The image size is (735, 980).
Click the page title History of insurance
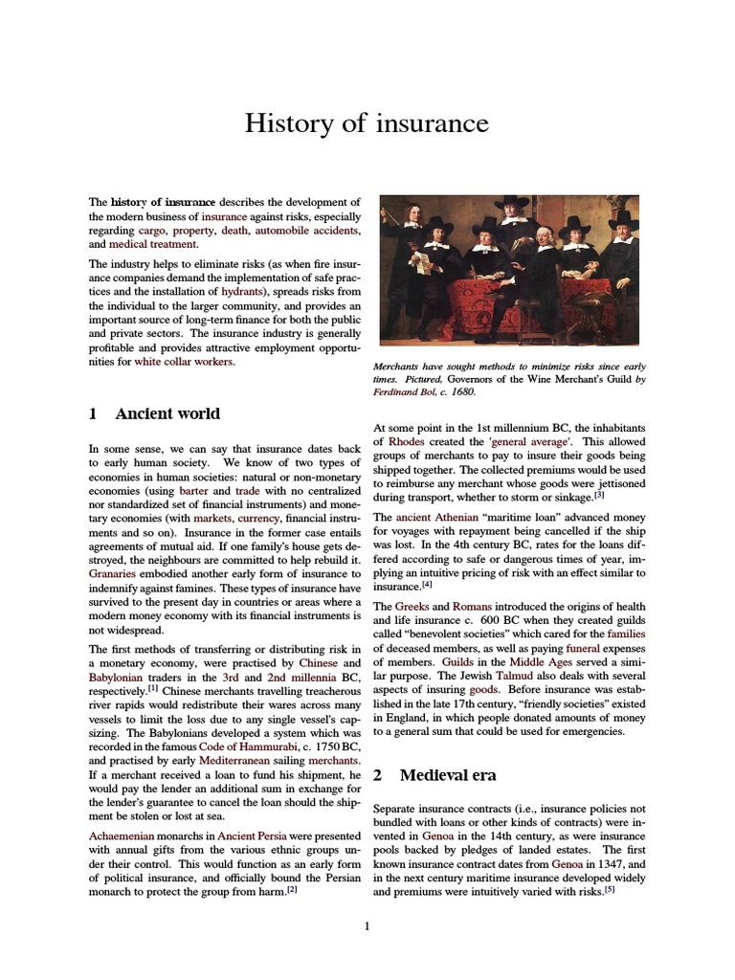[367, 123]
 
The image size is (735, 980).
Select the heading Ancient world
[167, 413]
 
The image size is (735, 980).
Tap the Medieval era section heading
[447, 774]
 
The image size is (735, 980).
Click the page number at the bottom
[367, 925]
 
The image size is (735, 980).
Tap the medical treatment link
[153, 244]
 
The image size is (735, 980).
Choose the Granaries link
[116, 573]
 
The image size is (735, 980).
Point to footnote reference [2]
[292, 889]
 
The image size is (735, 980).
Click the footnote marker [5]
[609, 889]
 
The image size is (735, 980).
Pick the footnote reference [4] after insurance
[427, 585]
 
